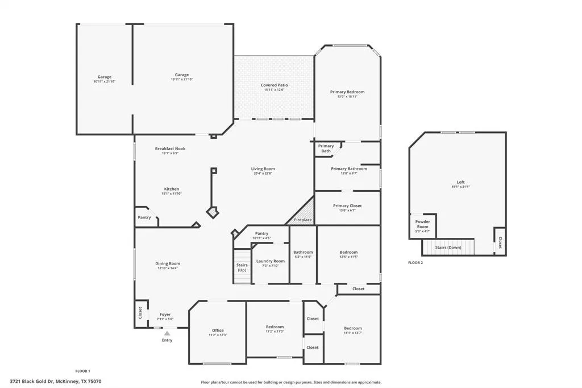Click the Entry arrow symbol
pyautogui.click(x=167, y=333)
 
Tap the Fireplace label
pyautogui.click(x=302, y=220)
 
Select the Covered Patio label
pyautogui.click(x=274, y=85)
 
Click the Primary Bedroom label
pyautogui.click(x=347, y=92)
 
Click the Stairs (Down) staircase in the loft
pyautogui.click(x=448, y=247)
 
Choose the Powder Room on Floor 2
pyautogui.click(x=422, y=224)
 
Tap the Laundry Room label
pyautogui.click(x=270, y=261)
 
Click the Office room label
pyautogui.click(x=218, y=331)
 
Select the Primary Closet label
pyautogui.click(x=347, y=206)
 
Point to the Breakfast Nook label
pyautogui.click(x=170, y=148)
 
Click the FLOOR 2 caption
pyautogui.click(x=415, y=263)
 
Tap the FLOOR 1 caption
pyautogui.click(x=83, y=371)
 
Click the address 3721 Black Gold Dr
pyautogui.click(x=56, y=382)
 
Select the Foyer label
pyautogui.click(x=165, y=315)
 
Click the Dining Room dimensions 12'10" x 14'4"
pyautogui.click(x=168, y=268)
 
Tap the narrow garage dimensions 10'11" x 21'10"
pyautogui.click(x=104, y=81)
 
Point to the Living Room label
pyautogui.click(x=263, y=168)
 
